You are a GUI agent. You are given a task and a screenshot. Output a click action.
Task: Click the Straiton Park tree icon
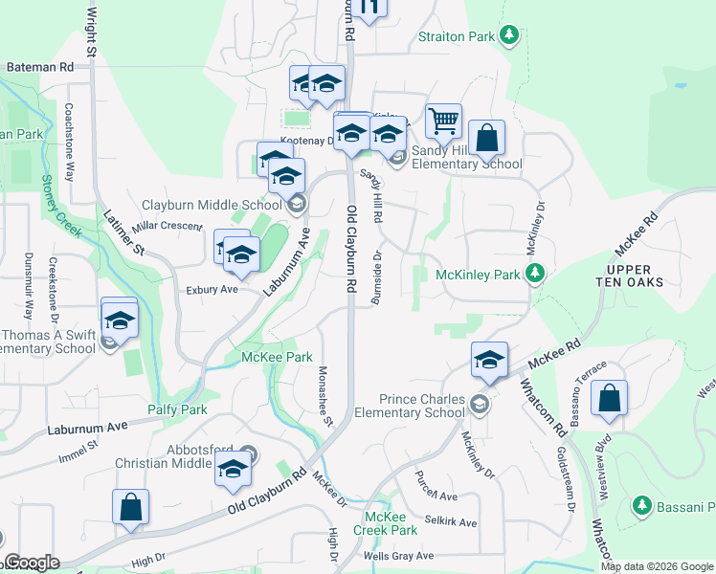click(510, 37)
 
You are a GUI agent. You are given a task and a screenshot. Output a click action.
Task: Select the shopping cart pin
click(444, 121)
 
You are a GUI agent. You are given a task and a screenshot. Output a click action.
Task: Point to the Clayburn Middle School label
click(212, 205)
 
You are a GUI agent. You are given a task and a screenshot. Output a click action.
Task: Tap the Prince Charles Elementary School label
click(409, 406)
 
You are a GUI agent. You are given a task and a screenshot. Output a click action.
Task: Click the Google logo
click(32, 563)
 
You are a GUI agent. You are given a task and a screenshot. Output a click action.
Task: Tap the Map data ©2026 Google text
click(657, 566)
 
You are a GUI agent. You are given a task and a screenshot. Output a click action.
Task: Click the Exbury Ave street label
click(212, 289)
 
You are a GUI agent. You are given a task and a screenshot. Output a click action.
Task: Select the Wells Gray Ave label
click(399, 555)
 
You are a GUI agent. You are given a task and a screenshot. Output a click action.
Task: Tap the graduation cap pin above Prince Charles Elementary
click(489, 361)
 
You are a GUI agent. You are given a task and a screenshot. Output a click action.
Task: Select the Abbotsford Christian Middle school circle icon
click(249, 453)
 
